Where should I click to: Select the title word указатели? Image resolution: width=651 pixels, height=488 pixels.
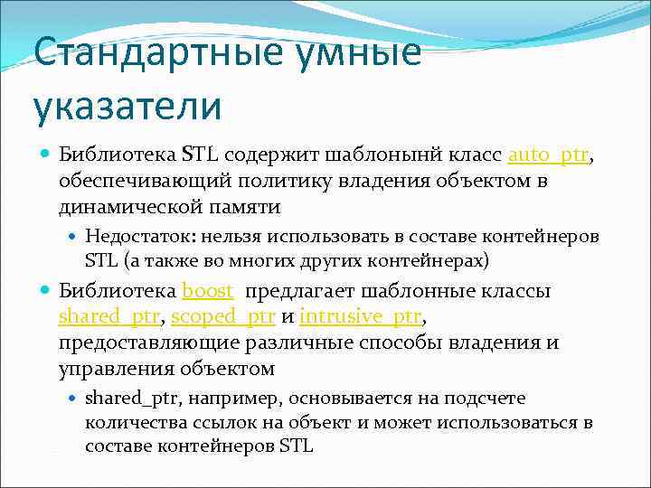pyautogui.click(x=127, y=105)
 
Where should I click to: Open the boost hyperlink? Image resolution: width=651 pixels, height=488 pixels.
pyautogui.click(x=208, y=291)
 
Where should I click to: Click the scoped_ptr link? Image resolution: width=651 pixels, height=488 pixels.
pyautogui.click(x=222, y=317)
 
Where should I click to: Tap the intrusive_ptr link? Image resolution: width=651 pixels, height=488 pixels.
pyautogui.click(x=360, y=317)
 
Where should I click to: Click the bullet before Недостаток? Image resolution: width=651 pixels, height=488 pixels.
pyautogui.click(x=72, y=237)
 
